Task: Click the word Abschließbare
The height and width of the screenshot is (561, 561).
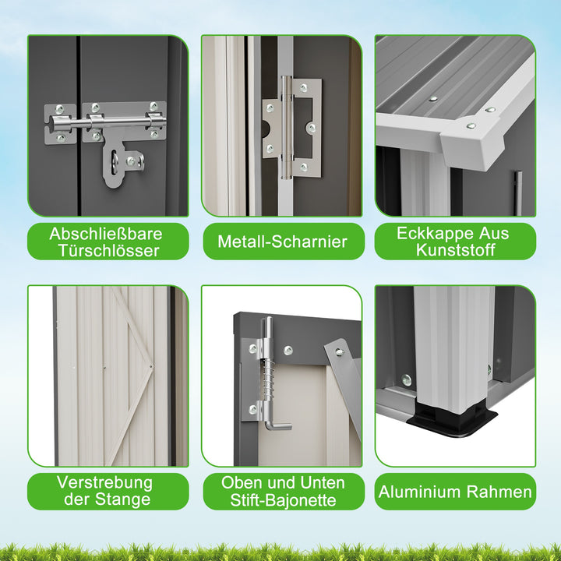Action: tap(106, 234)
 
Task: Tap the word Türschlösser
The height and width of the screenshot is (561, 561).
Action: tap(109, 250)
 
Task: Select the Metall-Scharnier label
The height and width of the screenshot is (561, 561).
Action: tap(283, 242)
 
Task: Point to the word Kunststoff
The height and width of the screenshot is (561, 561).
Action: tap(456, 250)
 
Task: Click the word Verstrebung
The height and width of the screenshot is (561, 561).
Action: tap(105, 482)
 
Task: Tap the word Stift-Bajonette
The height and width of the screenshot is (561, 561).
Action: tap(283, 499)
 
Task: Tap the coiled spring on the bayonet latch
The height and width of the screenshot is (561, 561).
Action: tap(269, 380)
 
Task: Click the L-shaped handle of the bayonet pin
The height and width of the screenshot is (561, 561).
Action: tap(277, 425)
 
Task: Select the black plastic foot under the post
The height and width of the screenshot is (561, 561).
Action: tap(451, 422)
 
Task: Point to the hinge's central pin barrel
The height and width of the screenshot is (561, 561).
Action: tap(286, 127)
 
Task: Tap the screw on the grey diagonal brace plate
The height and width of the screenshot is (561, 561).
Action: tap(339, 352)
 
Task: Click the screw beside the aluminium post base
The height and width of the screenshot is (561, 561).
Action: tap(407, 380)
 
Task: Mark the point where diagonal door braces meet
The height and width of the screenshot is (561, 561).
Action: tap(151, 366)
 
